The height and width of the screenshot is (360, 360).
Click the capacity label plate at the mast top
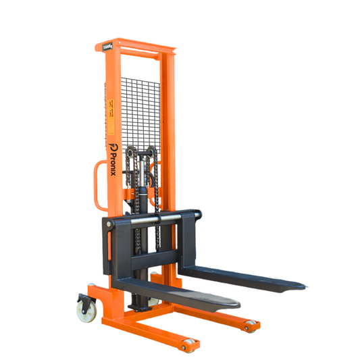coord(109,47)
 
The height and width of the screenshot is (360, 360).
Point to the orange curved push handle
coord(97,182)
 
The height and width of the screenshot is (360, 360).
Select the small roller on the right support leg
coord(251,326)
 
